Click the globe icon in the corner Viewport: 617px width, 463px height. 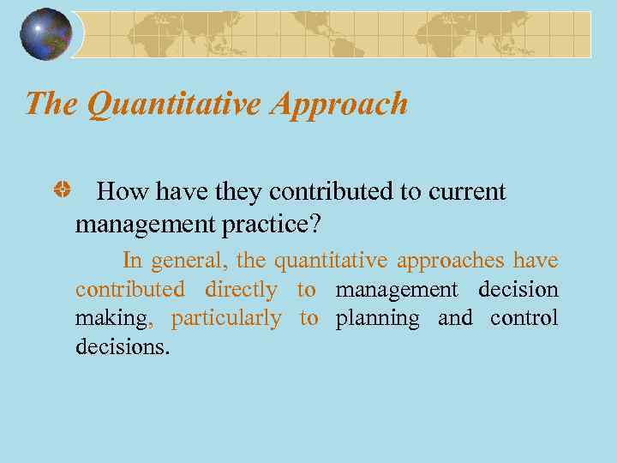[46, 34]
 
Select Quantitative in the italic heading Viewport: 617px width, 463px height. [175, 104]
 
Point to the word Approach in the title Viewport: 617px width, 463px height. [338, 105]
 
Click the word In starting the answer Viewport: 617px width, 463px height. [133, 260]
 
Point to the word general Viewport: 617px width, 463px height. [184, 261]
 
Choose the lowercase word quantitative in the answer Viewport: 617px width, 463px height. [330, 261]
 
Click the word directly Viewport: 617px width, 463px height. [241, 290]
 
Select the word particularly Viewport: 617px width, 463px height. [226, 319]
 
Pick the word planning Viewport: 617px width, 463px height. [377, 319]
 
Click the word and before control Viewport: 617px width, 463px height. [455, 319]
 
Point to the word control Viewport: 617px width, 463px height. [524, 319]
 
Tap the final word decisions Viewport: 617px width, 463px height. [123, 348]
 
